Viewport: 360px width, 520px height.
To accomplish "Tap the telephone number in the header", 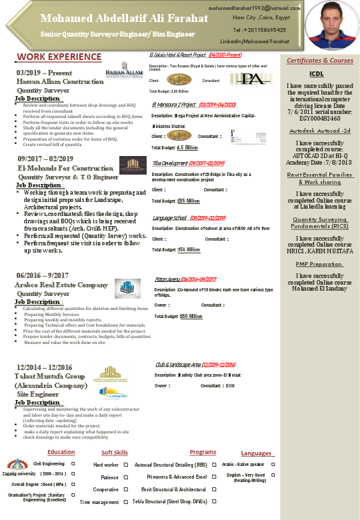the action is (260, 30).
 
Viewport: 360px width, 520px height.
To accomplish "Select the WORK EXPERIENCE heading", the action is (59, 57).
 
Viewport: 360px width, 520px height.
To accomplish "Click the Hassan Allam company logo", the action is (123, 72).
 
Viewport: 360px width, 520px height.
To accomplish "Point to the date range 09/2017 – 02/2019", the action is (47, 159).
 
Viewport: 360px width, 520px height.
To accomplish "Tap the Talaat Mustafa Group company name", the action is (52, 376).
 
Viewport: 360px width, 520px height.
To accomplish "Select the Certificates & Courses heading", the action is (320, 61).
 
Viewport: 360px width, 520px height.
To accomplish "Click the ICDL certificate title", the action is (317, 74).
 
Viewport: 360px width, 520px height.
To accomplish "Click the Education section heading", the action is (61, 452).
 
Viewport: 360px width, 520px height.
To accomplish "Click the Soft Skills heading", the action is (115, 453).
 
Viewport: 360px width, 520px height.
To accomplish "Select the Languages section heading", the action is (256, 453).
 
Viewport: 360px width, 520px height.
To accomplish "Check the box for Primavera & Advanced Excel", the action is (214, 477).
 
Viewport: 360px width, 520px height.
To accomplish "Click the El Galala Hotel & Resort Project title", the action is (177, 55).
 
